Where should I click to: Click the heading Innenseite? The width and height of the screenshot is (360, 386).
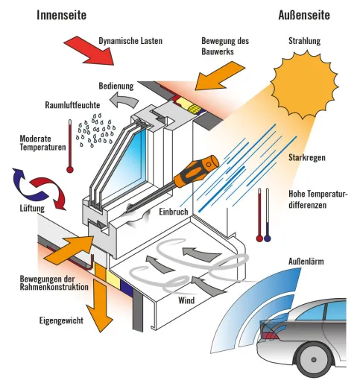(x=62, y=15)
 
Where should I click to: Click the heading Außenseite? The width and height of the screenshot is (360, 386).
(x=304, y=15)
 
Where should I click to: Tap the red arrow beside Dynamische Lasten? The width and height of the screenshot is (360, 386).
(x=89, y=51)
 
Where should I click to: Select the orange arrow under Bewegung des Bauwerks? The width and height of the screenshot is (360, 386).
(x=220, y=75)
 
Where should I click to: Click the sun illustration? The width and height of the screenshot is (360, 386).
(x=304, y=84)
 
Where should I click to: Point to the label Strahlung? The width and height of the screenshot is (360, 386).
(x=304, y=41)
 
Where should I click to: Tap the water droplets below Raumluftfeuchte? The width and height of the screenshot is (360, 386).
(x=96, y=130)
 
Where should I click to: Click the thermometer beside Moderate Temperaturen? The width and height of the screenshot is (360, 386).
(x=70, y=146)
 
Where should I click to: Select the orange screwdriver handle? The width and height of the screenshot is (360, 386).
(x=196, y=171)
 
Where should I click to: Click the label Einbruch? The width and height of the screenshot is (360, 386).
(x=174, y=212)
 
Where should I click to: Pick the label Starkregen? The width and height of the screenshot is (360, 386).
(x=307, y=157)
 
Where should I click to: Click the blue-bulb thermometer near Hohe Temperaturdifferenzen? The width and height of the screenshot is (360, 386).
(x=268, y=215)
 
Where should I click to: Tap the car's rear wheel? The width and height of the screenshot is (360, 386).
(x=313, y=360)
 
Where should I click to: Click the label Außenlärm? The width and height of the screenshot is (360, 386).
(x=306, y=262)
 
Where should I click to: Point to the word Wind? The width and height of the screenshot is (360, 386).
(x=186, y=300)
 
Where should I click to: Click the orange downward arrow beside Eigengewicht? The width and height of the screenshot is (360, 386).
(x=100, y=306)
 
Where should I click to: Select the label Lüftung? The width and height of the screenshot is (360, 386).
(x=32, y=208)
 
